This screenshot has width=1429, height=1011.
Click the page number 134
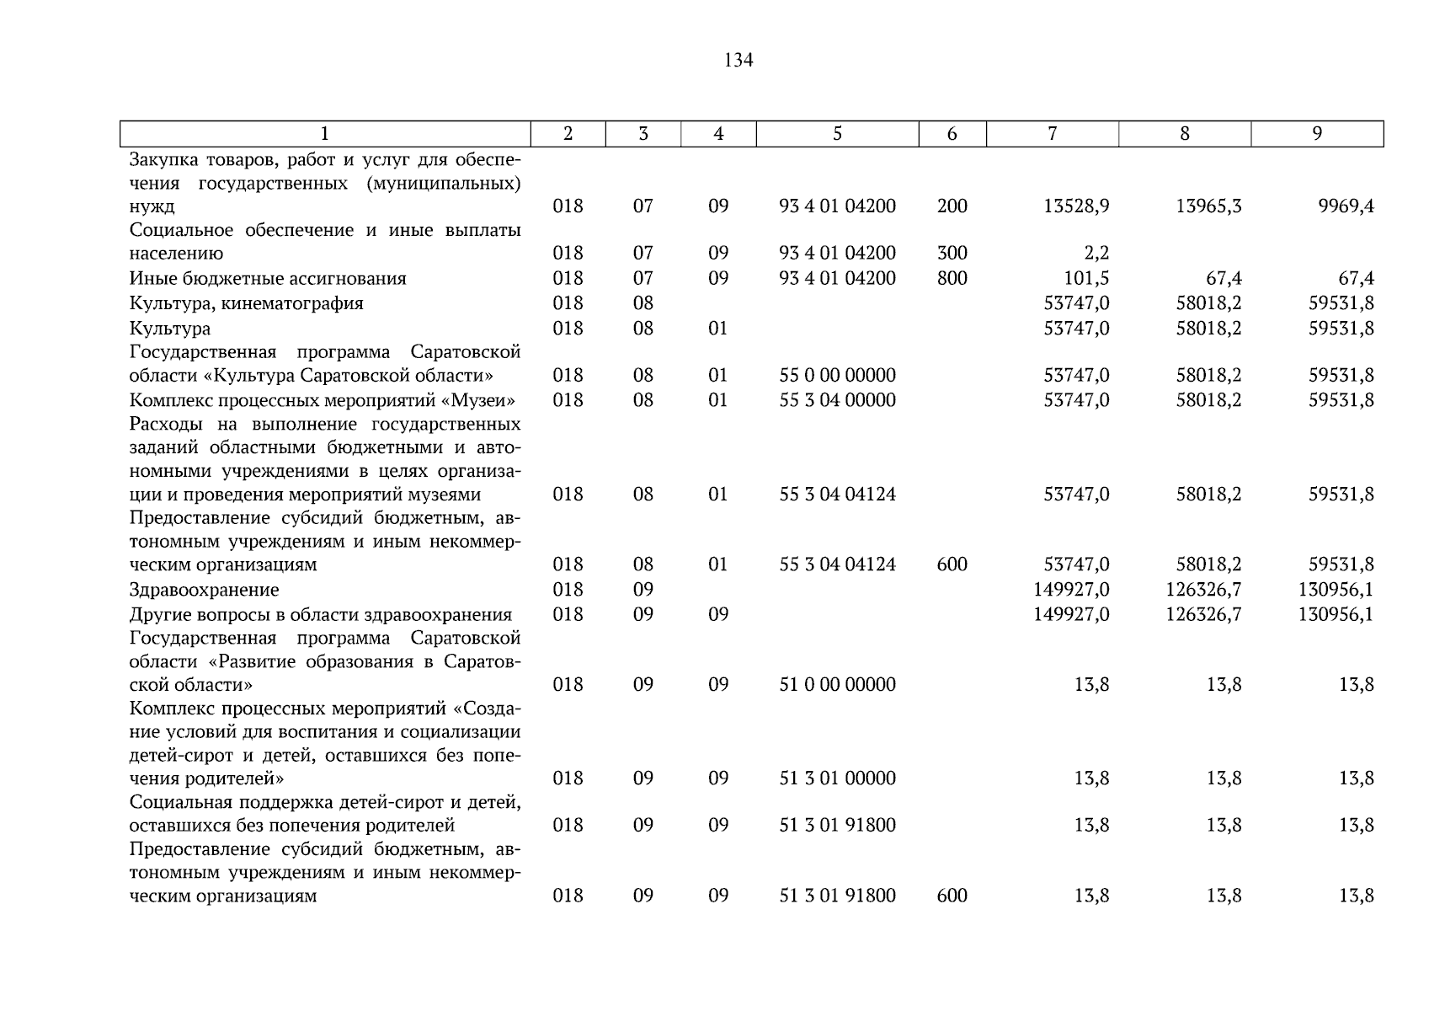[738, 61]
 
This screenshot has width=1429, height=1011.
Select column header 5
[837, 133]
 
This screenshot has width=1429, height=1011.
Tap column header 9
[1317, 133]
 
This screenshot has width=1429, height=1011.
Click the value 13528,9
[1076, 206]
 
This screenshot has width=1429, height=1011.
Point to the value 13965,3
[1208, 206]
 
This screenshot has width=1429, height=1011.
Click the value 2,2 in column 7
[1097, 254]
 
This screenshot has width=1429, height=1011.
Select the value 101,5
[1086, 279]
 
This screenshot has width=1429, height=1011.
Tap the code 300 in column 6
[952, 254]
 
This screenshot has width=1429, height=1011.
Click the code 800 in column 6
[952, 279]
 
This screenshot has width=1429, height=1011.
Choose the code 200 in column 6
[952, 206]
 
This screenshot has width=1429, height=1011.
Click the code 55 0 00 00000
[837, 376]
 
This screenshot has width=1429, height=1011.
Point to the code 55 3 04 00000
[837, 400]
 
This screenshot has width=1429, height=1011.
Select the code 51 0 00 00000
[837, 685]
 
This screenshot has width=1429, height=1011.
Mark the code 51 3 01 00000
[837, 778]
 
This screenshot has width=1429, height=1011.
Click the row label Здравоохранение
[204, 590]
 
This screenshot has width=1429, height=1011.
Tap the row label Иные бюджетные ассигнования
[268, 279]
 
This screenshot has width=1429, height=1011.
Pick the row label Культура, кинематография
[246, 303]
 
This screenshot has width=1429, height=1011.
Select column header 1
[325, 133]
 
